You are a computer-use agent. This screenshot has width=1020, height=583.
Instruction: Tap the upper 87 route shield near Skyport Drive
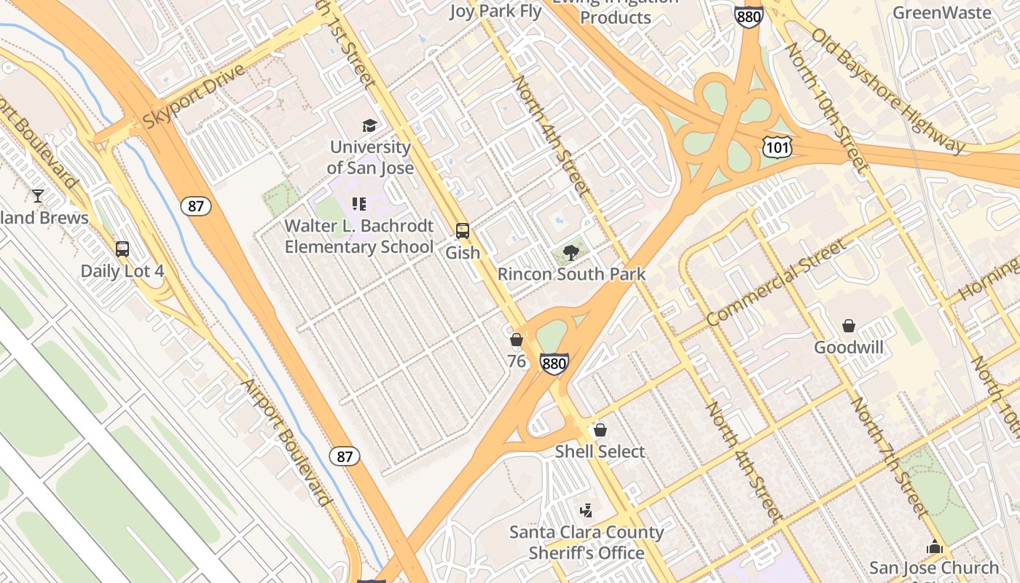(196, 206)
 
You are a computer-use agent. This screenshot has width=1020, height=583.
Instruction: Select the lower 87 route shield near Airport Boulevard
(345, 457)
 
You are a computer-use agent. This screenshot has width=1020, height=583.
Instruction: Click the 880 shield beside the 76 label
(554, 364)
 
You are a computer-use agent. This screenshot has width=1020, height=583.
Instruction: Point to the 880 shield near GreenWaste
(749, 15)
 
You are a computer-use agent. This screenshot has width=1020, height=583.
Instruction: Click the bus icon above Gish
(463, 231)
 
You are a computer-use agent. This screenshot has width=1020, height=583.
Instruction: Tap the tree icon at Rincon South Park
(571, 253)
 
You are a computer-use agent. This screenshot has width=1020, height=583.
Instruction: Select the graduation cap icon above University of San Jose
(370, 125)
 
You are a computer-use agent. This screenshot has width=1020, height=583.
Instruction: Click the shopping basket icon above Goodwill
(849, 326)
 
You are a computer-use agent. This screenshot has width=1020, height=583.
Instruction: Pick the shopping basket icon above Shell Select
(600, 430)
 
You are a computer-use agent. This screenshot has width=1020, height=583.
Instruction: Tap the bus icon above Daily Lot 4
(122, 249)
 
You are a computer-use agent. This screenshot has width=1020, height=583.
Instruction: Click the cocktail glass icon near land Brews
(38, 196)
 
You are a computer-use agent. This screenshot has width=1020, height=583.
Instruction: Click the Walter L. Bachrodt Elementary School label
(359, 236)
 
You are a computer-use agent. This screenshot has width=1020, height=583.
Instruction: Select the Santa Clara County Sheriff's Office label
(586, 542)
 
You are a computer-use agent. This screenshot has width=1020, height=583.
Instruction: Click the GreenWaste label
(941, 12)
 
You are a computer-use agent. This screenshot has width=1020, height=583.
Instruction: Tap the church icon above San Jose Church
(935, 546)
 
